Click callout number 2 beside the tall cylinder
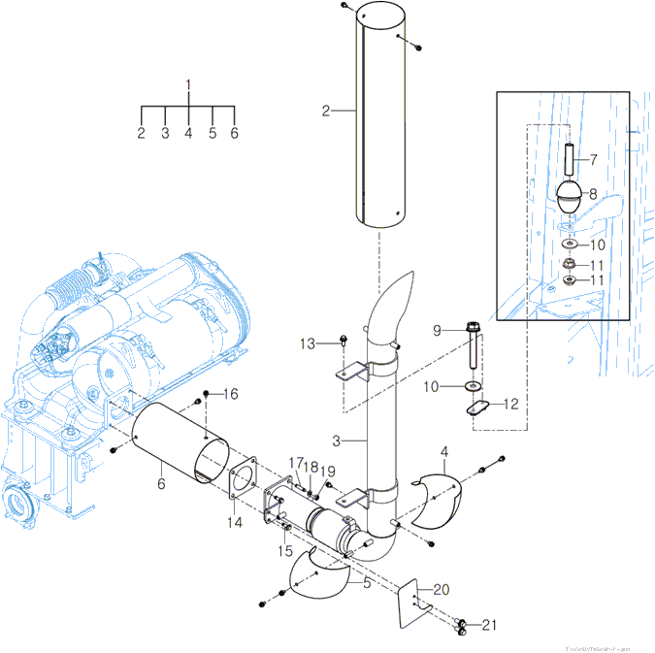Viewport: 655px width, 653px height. tap(326, 112)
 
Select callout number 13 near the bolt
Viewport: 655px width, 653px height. tap(307, 343)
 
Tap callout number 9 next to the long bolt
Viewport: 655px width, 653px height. tap(437, 331)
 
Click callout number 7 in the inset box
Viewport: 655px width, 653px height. tap(594, 157)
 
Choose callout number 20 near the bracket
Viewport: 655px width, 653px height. tap(442, 589)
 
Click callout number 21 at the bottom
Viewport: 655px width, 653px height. tap(488, 625)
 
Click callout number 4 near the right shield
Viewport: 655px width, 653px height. tap(443, 452)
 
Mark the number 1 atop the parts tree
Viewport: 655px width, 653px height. tap(188, 84)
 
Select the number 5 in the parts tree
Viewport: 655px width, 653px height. tap(212, 133)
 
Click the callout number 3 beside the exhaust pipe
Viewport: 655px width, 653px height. tap(336, 441)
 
